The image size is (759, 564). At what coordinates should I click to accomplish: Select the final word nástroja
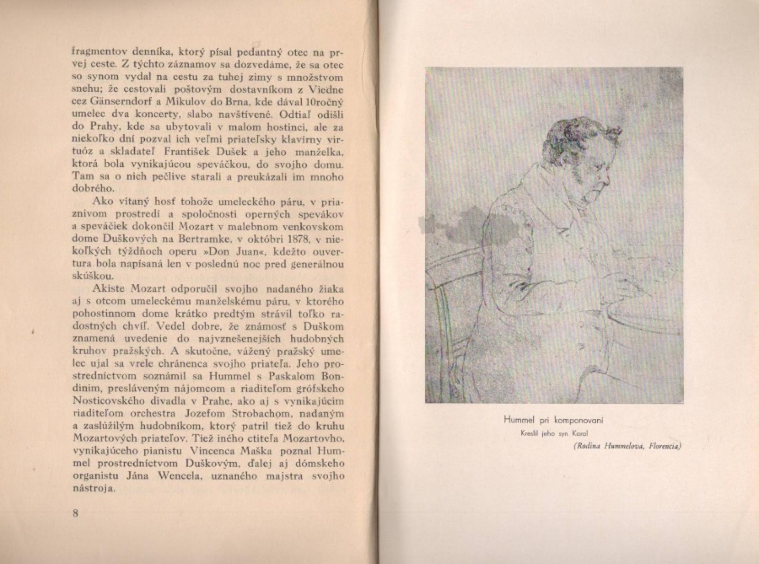tap(93, 488)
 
